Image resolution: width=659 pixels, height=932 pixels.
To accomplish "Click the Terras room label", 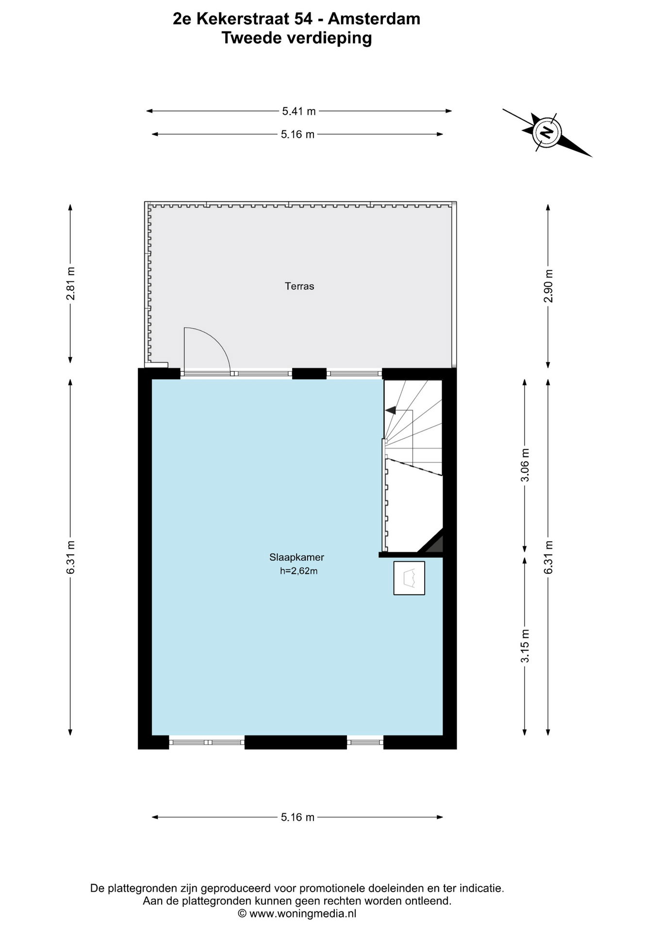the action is [x=299, y=286].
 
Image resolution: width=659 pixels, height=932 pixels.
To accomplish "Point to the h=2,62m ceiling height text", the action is [x=298, y=571].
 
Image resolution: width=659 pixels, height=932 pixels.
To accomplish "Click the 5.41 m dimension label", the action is [x=299, y=111].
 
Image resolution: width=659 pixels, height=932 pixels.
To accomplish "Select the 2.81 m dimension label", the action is [x=71, y=283].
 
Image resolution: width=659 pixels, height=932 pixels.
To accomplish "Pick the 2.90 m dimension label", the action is [x=548, y=286].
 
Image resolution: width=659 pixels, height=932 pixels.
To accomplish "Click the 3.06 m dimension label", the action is [x=525, y=465].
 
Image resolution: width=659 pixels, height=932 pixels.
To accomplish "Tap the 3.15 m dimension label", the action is [x=525, y=646].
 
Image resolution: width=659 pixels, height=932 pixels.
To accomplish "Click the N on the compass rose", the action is [x=546, y=132].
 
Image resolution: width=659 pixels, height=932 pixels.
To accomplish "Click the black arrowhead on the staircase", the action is [x=390, y=410].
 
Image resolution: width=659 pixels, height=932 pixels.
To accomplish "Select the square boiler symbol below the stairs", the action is [x=409, y=578].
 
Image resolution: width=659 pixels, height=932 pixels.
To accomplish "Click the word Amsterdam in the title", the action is [x=374, y=19].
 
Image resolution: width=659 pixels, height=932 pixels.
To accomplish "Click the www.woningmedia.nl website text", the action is [x=303, y=914].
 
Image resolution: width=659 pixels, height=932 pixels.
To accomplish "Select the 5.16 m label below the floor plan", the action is [x=297, y=817].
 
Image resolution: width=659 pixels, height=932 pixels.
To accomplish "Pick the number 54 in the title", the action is [x=301, y=19].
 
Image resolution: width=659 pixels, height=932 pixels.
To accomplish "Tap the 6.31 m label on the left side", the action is [x=71, y=557].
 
